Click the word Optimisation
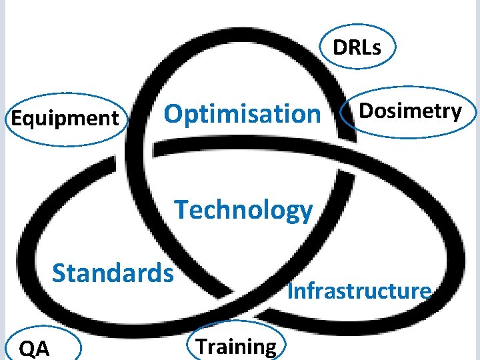[242, 115]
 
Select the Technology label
[243, 211]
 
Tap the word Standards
[113, 273]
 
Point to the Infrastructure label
[359, 291]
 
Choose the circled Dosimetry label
[410, 111]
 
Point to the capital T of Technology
[182, 209]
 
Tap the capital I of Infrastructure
[291, 291]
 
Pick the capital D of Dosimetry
[366, 111]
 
